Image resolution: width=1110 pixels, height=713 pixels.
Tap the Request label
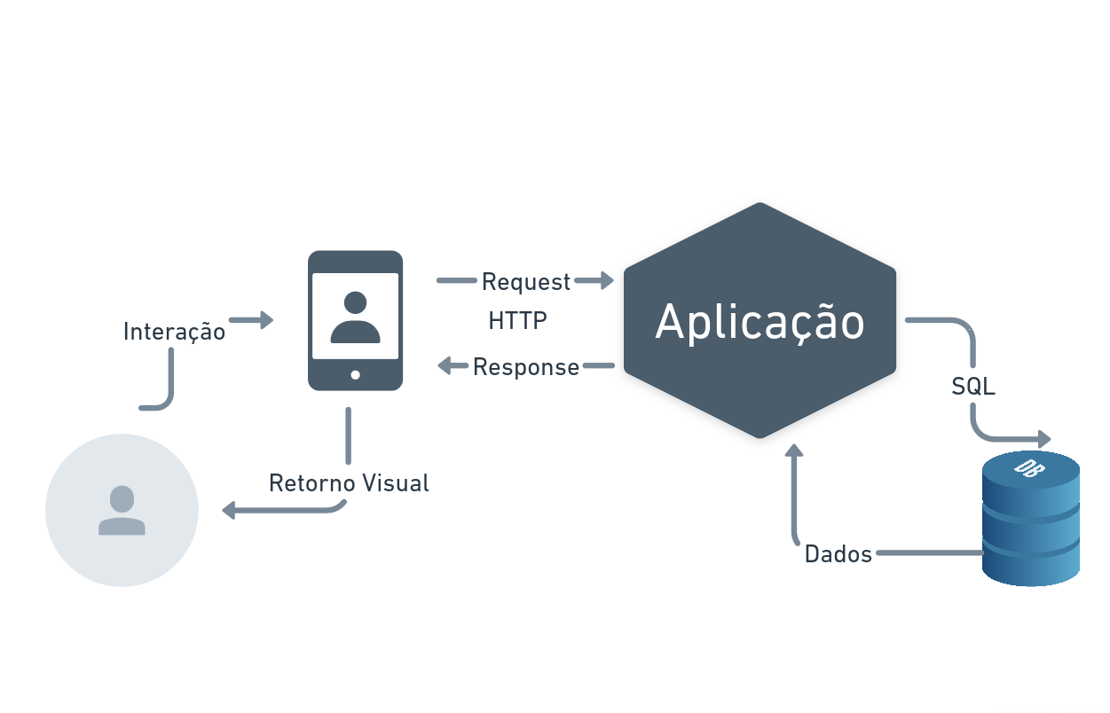[x=526, y=283]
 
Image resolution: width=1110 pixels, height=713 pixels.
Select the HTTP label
[x=518, y=320]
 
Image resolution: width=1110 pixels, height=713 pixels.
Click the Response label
[x=526, y=368]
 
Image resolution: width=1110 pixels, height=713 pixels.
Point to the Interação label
[x=175, y=332]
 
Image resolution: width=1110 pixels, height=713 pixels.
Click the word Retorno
[x=310, y=483]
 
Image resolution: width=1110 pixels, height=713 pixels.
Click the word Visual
[x=396, y=483]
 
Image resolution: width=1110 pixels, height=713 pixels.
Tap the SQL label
[x=973, y=387]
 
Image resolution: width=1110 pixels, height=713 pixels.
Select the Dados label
[x=838, y=554]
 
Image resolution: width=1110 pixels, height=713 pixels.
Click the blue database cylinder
[x=1031, y=519]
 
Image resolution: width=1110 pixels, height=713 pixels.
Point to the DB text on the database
[x=1029, y=468]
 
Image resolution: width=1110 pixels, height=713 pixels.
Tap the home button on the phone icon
[x=355, y=375]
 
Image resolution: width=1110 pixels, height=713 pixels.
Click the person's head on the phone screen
[x=355, y=302]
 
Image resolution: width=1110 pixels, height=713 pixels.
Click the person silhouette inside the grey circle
[x=122, y=511]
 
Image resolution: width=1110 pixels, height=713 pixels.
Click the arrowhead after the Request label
[x=607, y=280]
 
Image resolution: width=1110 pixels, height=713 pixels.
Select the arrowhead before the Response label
[x=445, y=366]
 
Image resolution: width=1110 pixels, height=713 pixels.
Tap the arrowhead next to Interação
[x=266, y=320]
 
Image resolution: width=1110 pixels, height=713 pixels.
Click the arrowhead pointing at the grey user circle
[x=228, y=511]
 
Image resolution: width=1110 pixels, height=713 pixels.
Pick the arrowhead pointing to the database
[x=1044, y=439]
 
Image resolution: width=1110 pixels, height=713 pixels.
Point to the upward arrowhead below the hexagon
[x=794, y=451]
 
